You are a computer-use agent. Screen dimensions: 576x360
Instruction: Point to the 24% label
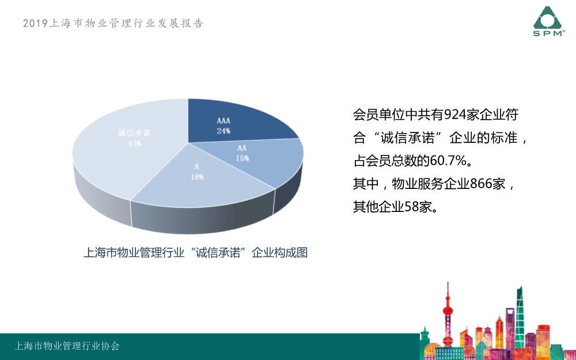pyautogui.click(x=223, y=131)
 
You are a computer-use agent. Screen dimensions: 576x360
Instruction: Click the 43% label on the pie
pyautogui.click(x=134, y=143)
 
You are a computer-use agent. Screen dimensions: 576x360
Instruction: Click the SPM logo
pyautogui.click(x=548, y=21)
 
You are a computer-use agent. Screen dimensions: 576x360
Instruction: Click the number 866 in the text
pyautogui.click(x=481, y=184)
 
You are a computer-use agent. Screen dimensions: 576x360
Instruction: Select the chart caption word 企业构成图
pyautogui.click(x=279, y=253)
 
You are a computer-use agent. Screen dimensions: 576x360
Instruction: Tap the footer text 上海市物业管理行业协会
pyautogui.click(x=67, y=346)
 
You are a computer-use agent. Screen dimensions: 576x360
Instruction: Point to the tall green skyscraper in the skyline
pyautogui.click(x=519, y=316)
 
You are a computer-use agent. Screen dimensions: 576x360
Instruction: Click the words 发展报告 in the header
pyautogui.click(x=181, y=23)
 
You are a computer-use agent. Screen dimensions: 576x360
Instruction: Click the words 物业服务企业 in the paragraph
pyautogui.click(x=431, y=184)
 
